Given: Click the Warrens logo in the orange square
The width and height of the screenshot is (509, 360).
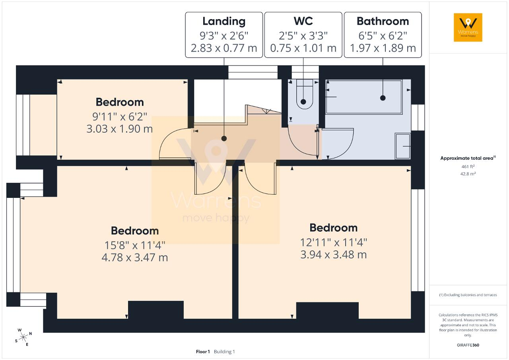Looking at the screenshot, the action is pyautogui.click(x=468, y=27).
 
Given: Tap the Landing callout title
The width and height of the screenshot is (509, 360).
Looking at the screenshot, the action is pyautogui.click(x=224, y=21).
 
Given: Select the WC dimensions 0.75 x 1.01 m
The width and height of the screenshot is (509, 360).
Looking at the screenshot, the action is pyautogui.click(x=303, y=48).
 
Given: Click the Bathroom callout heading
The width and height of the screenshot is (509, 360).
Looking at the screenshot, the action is pyautogui.click(x=383, y=21).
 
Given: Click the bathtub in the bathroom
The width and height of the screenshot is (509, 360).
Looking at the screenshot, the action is pyautogui.click(x=364, y=97).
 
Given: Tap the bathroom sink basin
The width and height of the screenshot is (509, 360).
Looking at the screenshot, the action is pyautogui.click(x=403, y=146).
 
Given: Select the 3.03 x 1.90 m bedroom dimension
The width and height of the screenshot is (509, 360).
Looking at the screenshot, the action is pyautogui.click(x=120, y=129).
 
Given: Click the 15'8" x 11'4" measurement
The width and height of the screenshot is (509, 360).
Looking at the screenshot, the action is pyautogui.click(x=135, y=246).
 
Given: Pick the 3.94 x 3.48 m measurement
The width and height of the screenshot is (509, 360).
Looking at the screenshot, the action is pyautogui.click(x=334, y=255).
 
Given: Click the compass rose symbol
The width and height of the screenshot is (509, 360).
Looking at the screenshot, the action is pyautogui.click(x=23, y=337).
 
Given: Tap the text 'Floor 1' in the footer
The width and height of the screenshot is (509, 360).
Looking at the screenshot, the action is pyautogui.click(x=203, y=352).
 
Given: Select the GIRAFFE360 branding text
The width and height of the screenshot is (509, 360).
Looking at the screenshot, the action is pyautogui.click(x=468, y=345).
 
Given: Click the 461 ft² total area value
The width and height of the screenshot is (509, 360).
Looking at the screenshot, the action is pyautogui.click(x=468, y=166).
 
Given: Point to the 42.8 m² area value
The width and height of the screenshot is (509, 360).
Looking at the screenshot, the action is pyautogui.click(x=468, y=174).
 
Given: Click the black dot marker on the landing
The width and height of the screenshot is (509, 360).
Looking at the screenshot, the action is pyautogui.click(x=224, y=138).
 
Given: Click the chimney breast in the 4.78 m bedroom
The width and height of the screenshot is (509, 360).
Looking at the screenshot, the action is pyautogui.click(x=156, y=310).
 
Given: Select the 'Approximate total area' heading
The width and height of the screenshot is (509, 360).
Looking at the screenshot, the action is pyautogui.click(x=467, y=158).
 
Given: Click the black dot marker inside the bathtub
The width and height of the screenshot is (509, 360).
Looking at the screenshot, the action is pyautogui.click(x=383, y=98).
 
